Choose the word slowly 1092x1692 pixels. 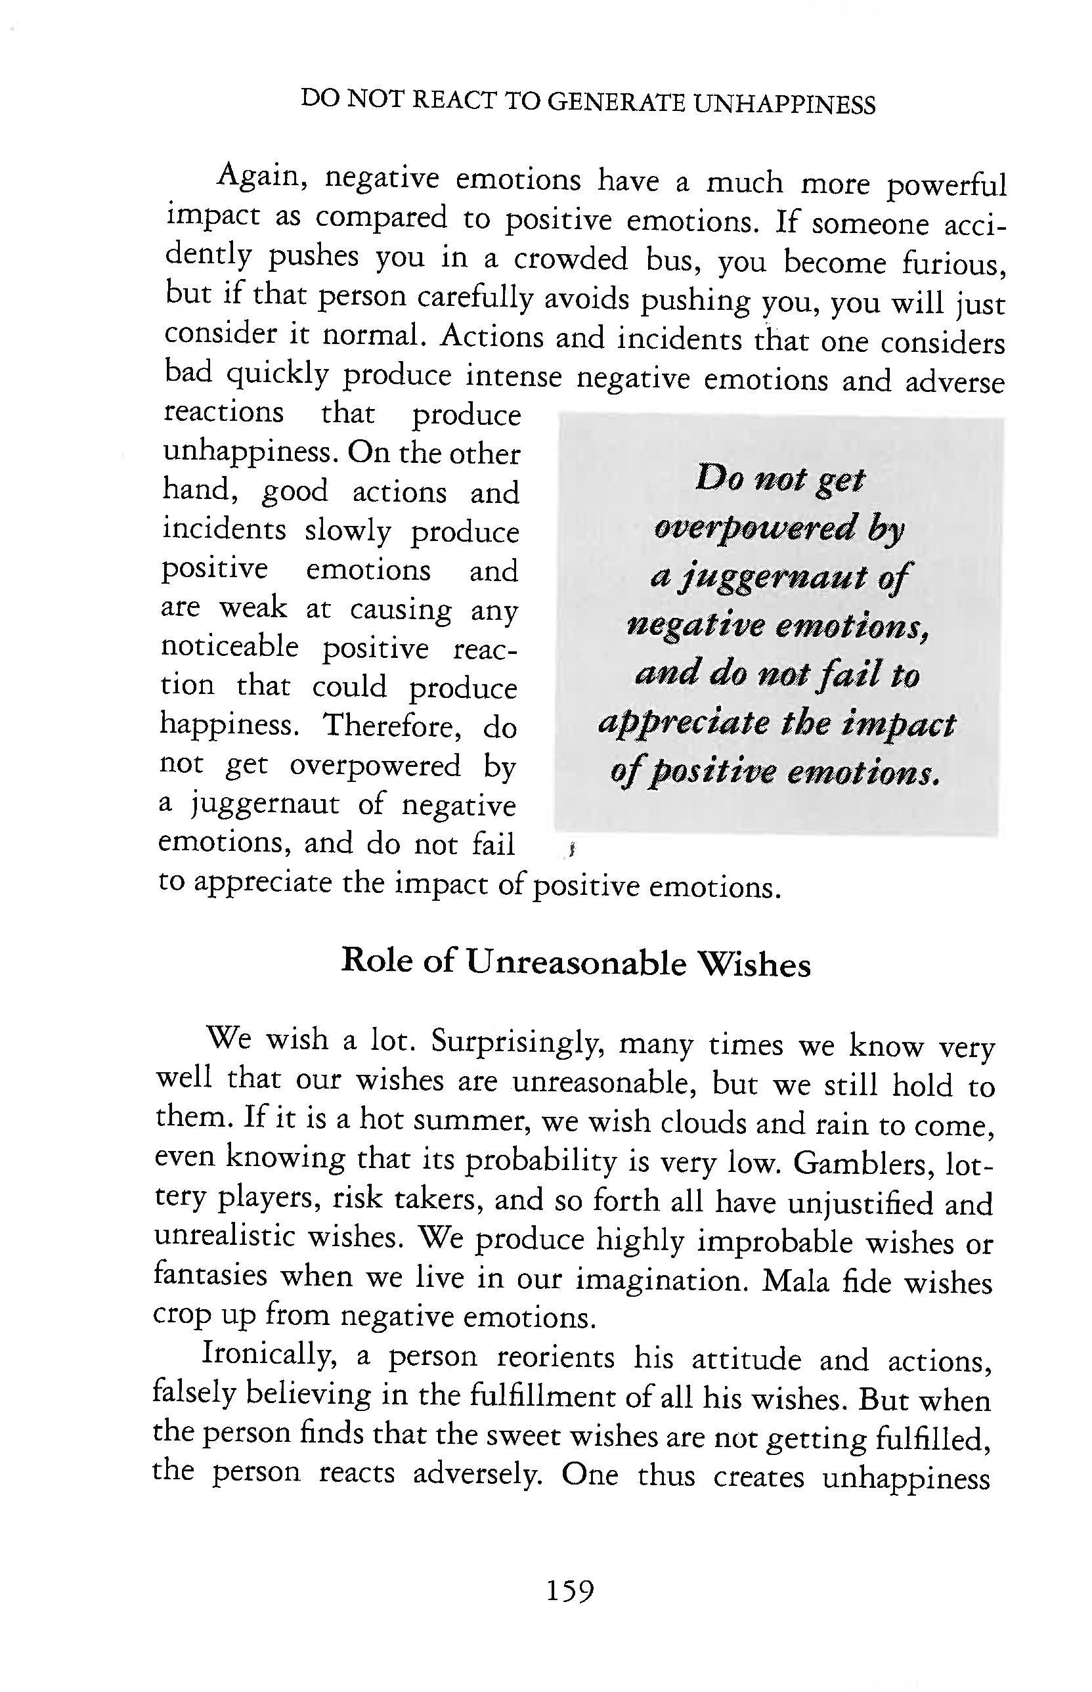347,531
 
